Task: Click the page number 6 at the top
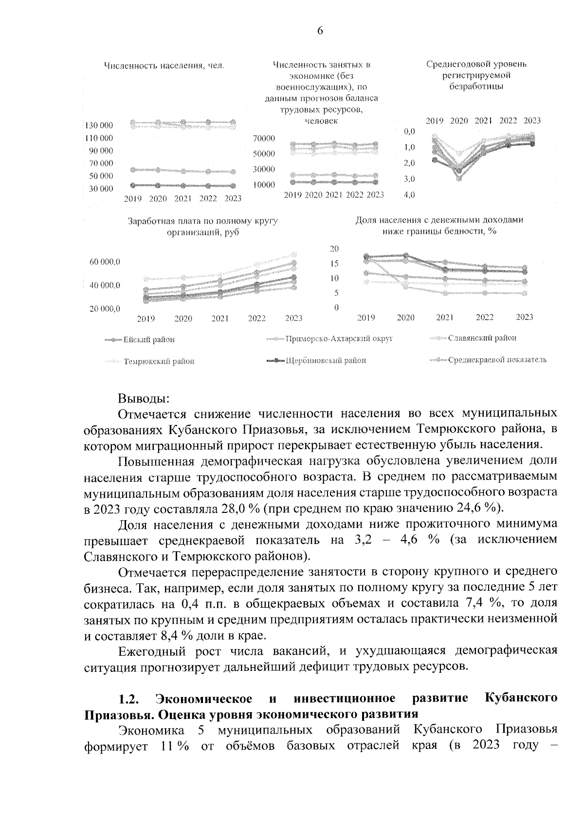point(320,31)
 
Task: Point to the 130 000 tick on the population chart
point(99,125)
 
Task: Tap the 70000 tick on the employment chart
point(264,138)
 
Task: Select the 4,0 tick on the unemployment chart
point(409,195)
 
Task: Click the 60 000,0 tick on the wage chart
point(105,262)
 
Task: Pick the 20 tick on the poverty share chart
point(334,248)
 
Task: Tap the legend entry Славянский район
point(482,337)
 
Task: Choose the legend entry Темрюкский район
point(159,361)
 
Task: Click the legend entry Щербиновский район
point(326,360)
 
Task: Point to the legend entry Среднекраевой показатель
point(497,360)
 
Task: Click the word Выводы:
point(144,399)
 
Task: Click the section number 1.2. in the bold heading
point(129,699)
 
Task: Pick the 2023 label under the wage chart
point(293,318)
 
